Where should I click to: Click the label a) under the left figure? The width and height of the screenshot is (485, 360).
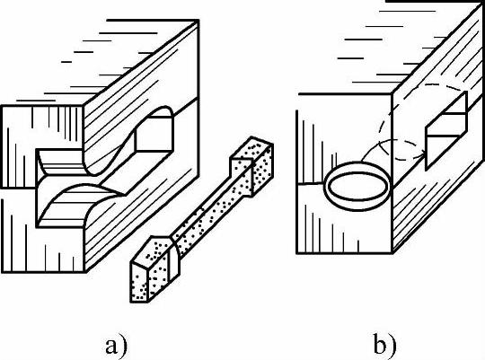coord(116,347)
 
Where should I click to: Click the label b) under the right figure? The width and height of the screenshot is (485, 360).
coord(384,344)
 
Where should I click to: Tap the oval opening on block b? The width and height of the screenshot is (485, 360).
coord(357,186)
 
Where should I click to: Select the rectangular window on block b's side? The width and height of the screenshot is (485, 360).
coord(446,131)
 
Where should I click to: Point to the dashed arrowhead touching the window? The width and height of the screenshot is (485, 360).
coord(420,155)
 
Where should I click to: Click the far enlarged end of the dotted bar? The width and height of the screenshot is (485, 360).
coord(252,166)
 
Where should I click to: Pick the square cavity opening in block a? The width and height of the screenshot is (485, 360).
coord(154,134)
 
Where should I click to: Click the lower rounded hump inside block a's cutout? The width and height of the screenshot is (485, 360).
coord(82,201)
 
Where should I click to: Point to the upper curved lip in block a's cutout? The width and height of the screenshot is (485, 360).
coord(62,162)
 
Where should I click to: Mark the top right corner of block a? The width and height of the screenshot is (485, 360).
coord(198,21)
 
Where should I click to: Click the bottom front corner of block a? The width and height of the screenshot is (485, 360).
coord(85,272)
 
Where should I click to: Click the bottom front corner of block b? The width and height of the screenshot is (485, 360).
coord(392,253)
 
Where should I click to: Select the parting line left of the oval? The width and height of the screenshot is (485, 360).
coord(310,183)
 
